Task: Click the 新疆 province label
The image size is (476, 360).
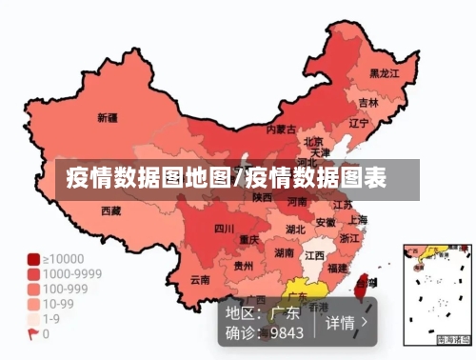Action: pos(107,119)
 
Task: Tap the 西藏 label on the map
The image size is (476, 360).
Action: pos(111,210)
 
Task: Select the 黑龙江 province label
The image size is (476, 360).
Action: pos(385,73)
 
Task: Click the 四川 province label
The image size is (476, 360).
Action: pos(224,229)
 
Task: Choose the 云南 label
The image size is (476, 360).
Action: pos(200,280)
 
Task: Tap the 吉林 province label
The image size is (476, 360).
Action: pos(368,102)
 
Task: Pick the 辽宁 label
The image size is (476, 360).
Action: pos(359,123)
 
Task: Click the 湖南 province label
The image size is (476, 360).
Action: pos(284,252)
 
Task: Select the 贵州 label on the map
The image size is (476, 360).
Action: pos(244,267)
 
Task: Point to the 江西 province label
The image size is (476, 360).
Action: pos(313,256)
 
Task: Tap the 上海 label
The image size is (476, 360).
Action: pos(358,219)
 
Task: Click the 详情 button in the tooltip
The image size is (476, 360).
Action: pos(347,323)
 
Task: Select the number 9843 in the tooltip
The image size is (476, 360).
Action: pos(287,333)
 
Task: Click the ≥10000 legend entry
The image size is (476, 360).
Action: pos(62,258)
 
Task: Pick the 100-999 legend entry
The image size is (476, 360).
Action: pos(62,289)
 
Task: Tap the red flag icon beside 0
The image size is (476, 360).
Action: pos(33,334)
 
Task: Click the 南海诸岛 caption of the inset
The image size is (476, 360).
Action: pos(452,340)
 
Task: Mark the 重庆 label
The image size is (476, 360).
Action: pos(249,239)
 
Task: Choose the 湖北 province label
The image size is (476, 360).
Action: pos(295,230)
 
